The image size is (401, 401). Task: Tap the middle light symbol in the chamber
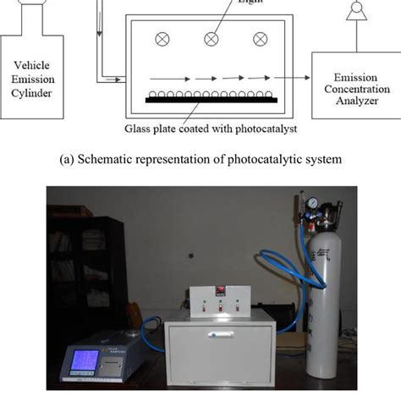(210, 40)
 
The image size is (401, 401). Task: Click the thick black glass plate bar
(211, 100)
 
